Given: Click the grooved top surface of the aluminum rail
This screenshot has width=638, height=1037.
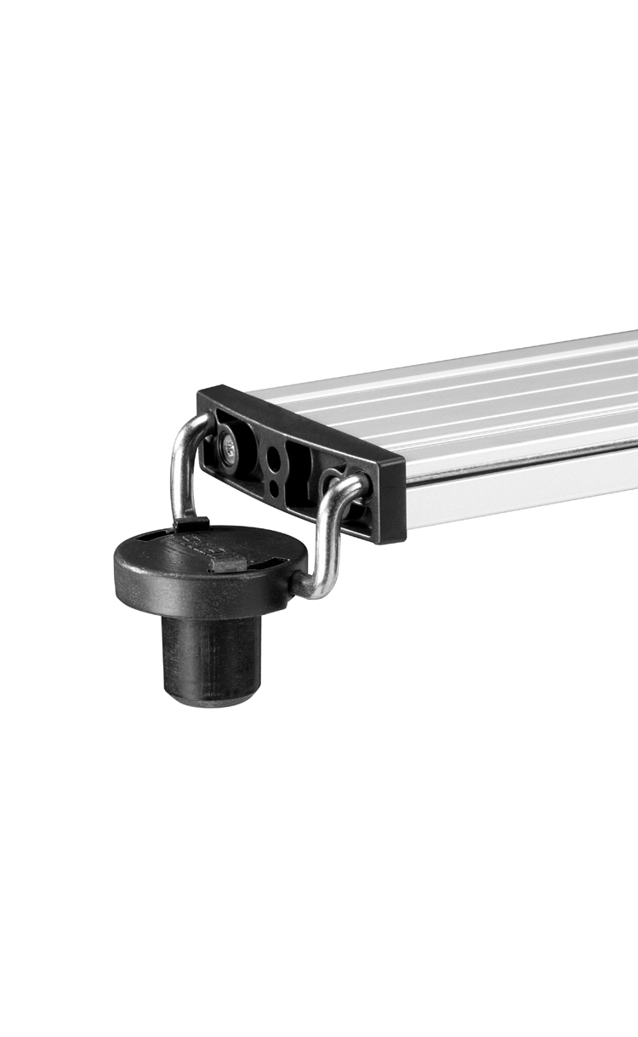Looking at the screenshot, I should pos(476,400).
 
